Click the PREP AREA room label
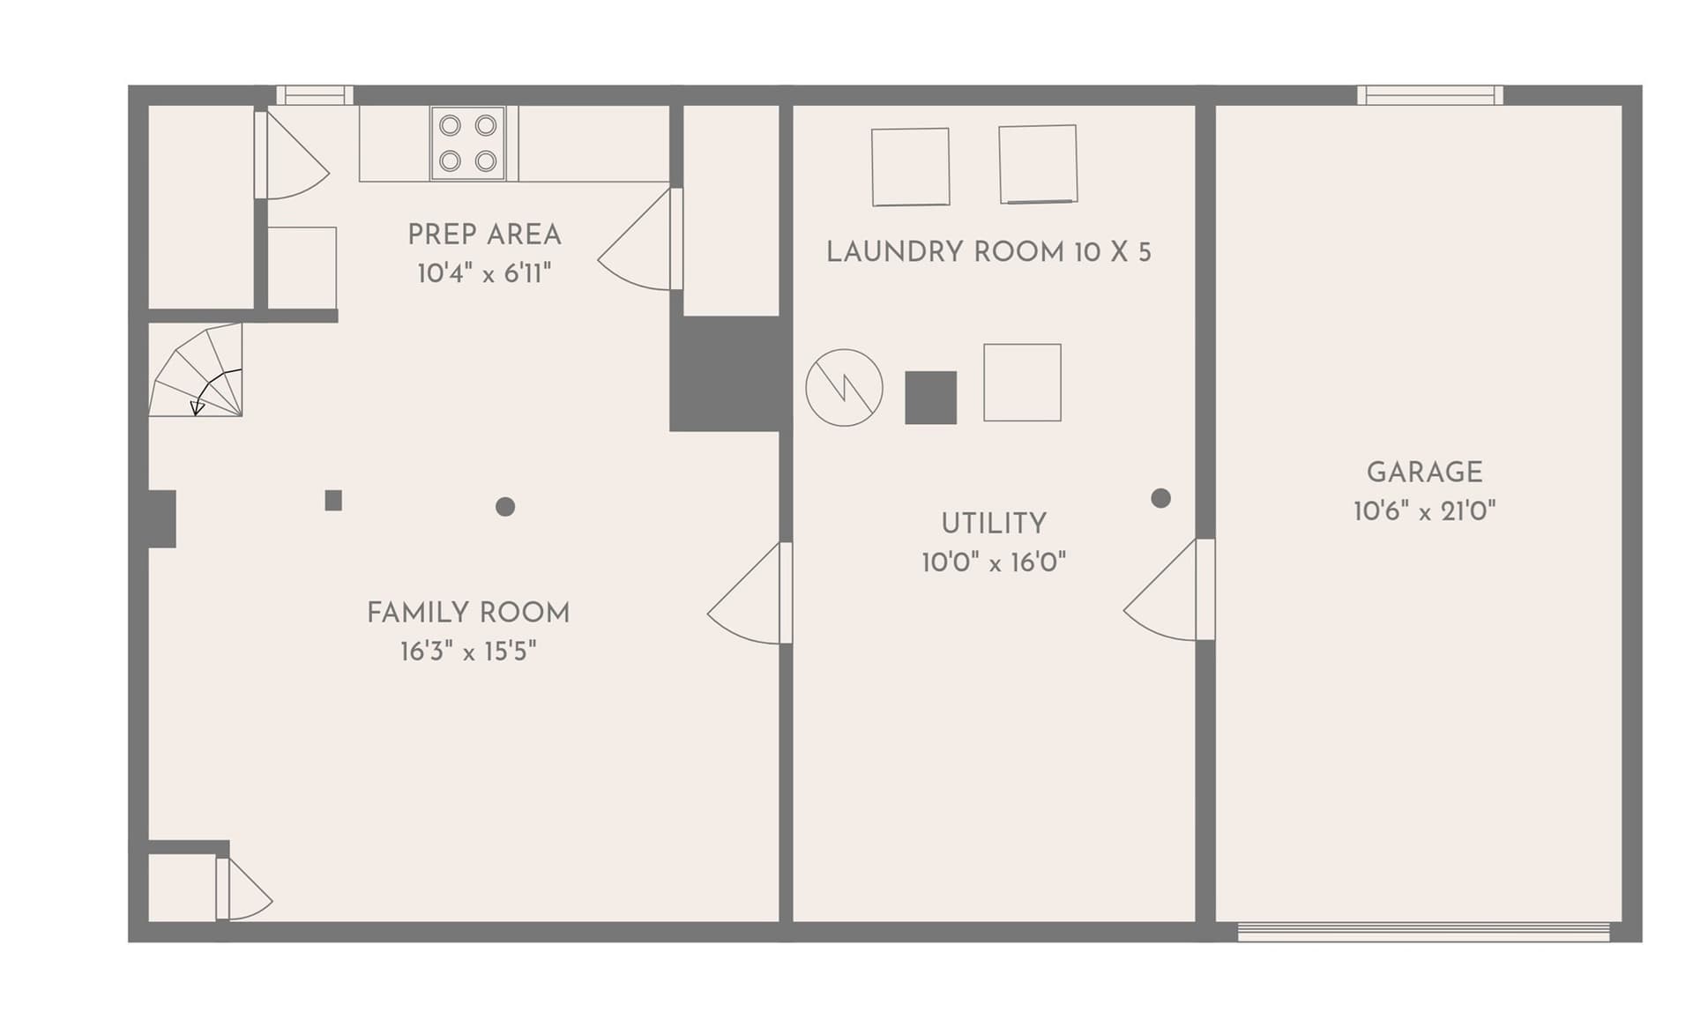coord(484,235)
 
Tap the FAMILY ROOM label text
coord(468,613)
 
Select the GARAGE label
coord(1424,473)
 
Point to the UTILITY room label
coord(994,524)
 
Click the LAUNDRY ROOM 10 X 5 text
coord(988,252)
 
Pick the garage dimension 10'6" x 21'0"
coord(1424,511)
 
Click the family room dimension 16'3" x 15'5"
coord(468,651)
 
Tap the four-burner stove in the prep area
coord(467,143)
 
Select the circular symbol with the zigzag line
coord(844,388)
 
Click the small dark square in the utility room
coord(930,398)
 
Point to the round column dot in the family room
coord(505,506)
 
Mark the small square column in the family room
coord(333,501)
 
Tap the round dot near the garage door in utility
coord(1161,498)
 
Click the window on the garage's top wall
coord(1429,95)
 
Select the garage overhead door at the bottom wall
coord(1424,932)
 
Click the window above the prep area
coord(315,95)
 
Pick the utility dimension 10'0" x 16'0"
coord(994,562)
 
